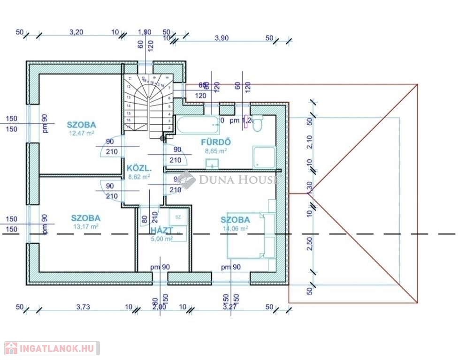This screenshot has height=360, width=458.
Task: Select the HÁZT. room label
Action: point(161,230)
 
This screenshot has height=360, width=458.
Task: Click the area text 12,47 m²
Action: point(82,133)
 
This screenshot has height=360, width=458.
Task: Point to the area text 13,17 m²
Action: point(85,226)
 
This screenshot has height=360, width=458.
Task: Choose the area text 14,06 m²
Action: point(235,228)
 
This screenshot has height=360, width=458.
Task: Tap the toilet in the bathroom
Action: point(258,121)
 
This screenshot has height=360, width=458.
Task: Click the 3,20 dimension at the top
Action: point(76,33)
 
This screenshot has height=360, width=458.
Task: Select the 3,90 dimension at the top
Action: point(221,38)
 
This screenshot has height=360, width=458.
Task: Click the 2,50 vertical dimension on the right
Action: point(309,245)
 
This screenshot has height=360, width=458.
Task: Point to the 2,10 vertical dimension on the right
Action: point(309,142)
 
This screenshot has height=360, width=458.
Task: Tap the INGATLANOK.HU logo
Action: point(50,348)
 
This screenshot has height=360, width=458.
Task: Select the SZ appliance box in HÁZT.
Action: point(178,217)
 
